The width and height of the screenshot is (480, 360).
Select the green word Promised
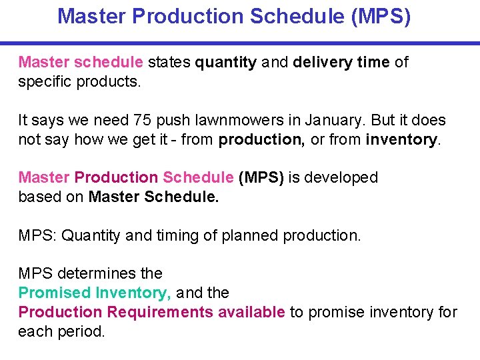coord(54,293)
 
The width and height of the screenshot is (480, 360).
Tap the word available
coord(253,312)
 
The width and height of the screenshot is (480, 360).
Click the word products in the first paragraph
coord(109,81)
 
